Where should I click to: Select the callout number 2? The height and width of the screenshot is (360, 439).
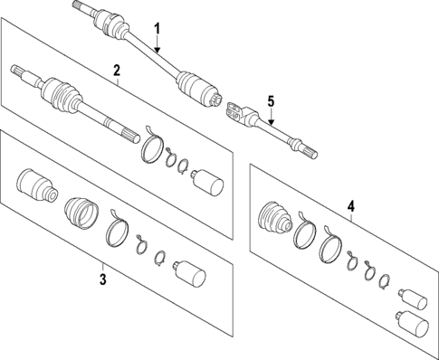pyautogui.click(x=117, y=71)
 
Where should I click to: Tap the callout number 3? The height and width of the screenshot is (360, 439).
pyautogui.click(x=102, y=280)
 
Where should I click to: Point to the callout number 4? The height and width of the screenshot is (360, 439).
pyautogui.click(x=351, y=205)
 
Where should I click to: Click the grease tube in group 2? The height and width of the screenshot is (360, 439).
pyautogui.click(x=209, y=182)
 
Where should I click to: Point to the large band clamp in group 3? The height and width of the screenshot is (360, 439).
pyautogui.click(x=115, y=231)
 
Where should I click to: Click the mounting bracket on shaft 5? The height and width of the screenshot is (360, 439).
pyautogui.click(x=235, y=113)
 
